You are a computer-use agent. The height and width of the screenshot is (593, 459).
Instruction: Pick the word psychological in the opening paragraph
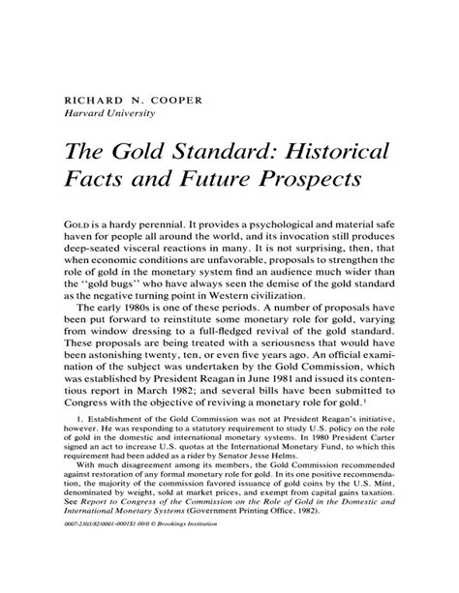291,224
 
